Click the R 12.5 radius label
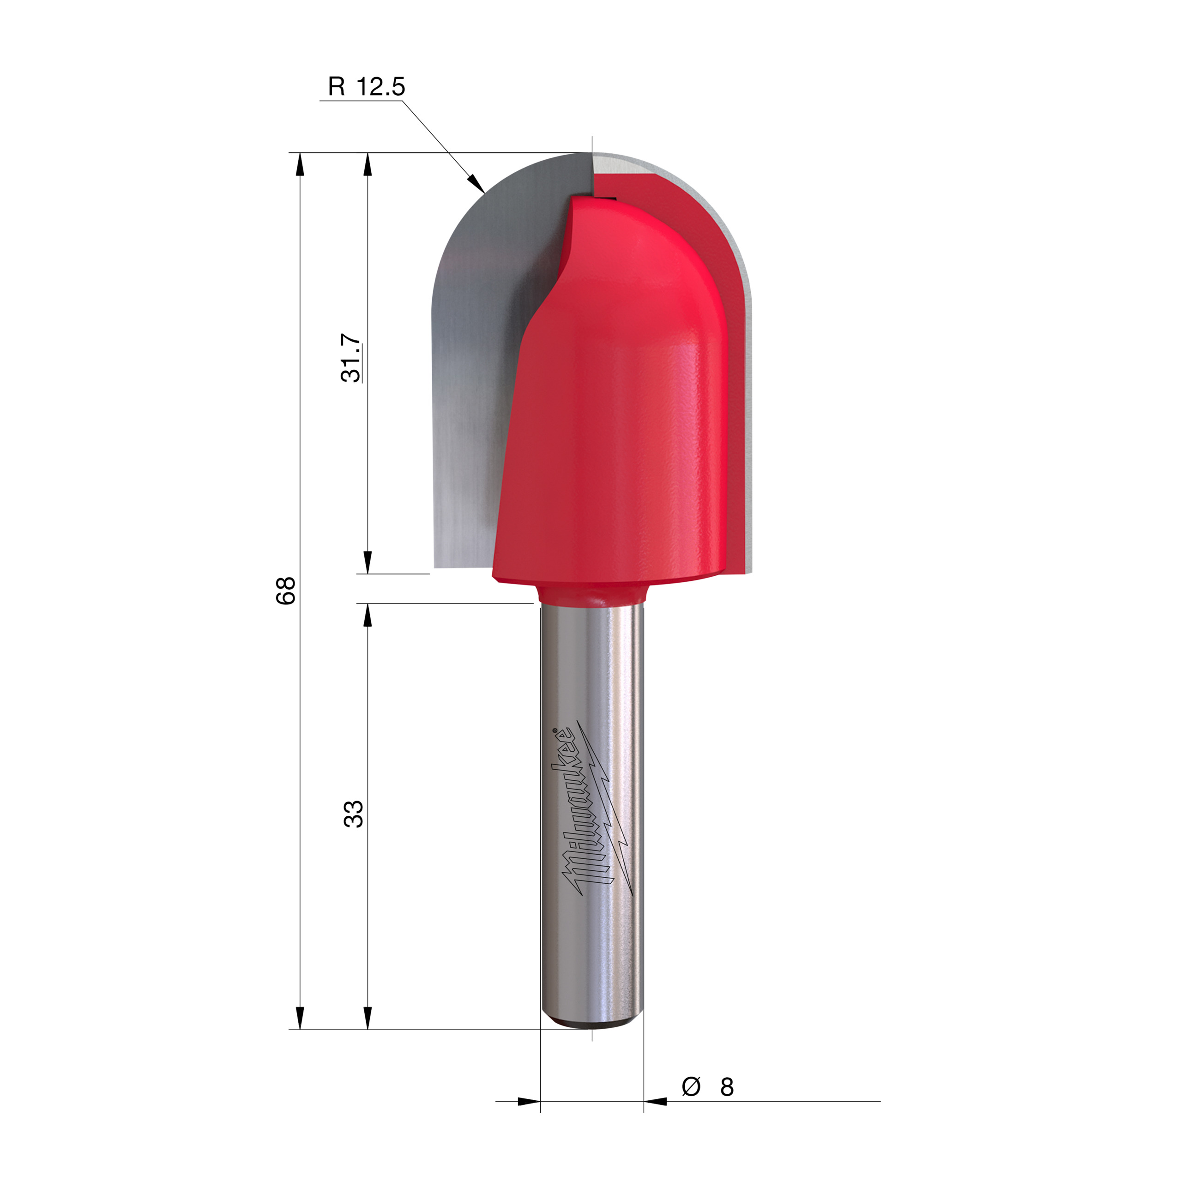[x=366, y=86]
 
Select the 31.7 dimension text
[x=352, y=358]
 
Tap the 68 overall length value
[x=286, y=591]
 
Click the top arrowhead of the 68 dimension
[x=300, y=164]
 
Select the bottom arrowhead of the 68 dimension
[x=300, y=1018]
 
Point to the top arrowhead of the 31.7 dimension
[x=368, y=164]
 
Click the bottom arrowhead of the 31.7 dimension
[x=368, y=561]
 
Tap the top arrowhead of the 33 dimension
[x=368, y=615]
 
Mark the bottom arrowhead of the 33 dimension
[x=368, y=1018]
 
